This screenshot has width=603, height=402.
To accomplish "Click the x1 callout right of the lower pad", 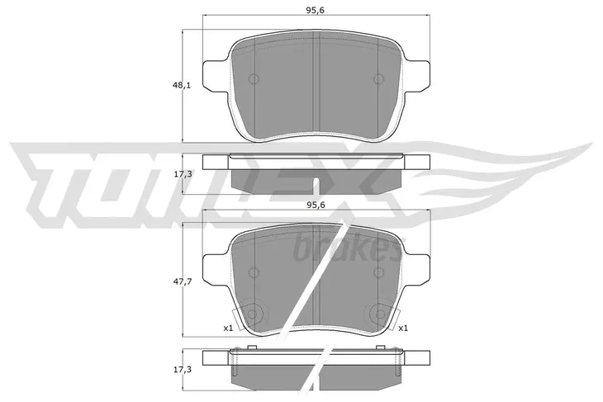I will click(x=404, y=328).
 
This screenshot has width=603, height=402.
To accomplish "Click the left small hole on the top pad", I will click(x=254, y=79).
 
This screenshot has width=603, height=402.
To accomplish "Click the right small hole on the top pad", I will click(x=378, y=79).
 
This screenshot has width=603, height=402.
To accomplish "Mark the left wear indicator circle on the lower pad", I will click(x=254, y=313).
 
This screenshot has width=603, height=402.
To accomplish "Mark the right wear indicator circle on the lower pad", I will click(x=380, y=313).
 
